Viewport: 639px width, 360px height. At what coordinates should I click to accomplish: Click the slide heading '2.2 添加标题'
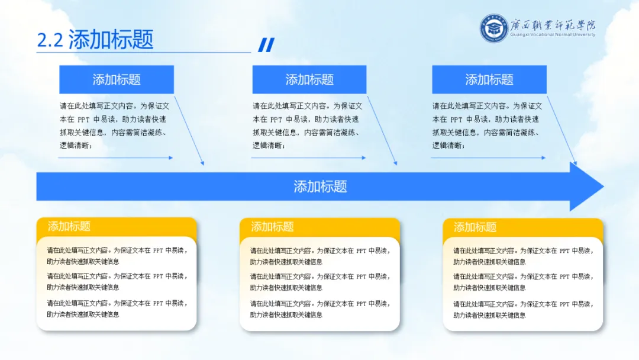(x=95, y=40)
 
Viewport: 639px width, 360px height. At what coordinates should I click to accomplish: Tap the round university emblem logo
(x=493, y=28)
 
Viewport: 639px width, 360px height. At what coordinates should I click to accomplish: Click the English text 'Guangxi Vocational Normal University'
(x=553, y=34)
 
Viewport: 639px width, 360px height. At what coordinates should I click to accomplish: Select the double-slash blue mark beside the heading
(x=266, y=45)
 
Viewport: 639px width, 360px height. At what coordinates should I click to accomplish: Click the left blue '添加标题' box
(x=117, y=79)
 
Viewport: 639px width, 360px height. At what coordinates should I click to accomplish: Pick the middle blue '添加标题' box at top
(x=309, y=79)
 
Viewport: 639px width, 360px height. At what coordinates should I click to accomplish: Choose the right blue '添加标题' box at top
(x=489, y=79)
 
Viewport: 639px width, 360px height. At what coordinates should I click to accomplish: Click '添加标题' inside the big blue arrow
(x=320, y=187)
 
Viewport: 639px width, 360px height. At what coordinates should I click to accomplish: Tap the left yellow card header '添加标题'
(x=69, y=226)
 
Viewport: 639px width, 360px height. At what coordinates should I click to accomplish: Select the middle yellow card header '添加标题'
(x=272, y=227)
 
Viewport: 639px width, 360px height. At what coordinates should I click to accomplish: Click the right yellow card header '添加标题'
(x=475, y=227)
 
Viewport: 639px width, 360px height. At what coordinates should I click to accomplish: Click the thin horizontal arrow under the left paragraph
(x=115, y=157)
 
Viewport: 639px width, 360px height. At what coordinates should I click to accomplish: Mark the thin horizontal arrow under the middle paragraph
(x=308, y=157)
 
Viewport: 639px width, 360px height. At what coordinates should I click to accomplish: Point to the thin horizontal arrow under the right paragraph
(x=488, y=157)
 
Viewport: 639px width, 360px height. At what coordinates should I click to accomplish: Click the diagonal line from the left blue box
(x=189, y=130)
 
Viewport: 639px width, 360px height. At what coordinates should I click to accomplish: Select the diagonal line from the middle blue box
(x=382, y=130)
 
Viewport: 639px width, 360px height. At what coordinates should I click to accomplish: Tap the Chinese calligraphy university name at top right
(x=553, y=24)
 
